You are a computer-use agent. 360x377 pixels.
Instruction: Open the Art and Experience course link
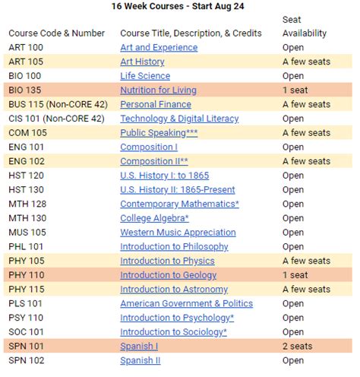(159, 47)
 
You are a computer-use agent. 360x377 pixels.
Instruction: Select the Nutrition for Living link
(158, 90)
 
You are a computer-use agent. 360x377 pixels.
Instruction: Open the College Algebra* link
(155, 218)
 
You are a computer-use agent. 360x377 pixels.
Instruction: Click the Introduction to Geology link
(168, 275)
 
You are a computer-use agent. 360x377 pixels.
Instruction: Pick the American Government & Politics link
(186, 303)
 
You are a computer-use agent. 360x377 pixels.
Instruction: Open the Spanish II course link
(141, 360)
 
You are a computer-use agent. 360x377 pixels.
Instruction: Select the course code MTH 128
(27, 204)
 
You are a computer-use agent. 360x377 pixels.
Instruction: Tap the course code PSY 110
(27, 318)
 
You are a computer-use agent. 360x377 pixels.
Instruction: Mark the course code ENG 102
(27, 161)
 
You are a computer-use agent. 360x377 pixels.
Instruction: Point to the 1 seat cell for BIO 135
(295, 90)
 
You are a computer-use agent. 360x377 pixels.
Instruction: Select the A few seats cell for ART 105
(306, 62)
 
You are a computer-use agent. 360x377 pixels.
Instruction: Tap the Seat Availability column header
(304, 26)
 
